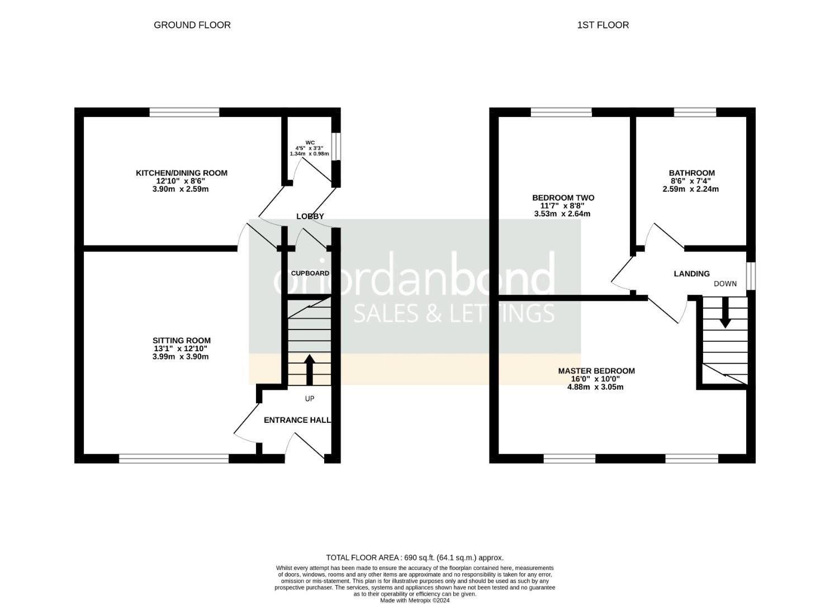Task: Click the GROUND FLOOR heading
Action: tap(192, 25)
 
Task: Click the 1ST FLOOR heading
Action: tap(603, 25)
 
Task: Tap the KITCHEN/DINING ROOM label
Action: tap(182, 173)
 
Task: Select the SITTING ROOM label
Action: tap(182, 341)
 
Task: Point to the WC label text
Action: tap(310, 143)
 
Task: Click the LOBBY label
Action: tap(310, 216)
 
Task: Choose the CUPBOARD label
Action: tap(310, 273)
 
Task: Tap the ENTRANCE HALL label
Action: tap(297, 420)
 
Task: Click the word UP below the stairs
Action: tap(310, 399)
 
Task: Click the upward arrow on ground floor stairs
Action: tap(309, 369)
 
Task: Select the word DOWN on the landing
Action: tap(725, 284)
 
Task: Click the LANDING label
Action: tap(691, 274)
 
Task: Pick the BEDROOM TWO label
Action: tap(563, 198)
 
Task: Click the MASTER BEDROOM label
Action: tap(596, 371)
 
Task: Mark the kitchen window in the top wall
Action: tap(184, 112)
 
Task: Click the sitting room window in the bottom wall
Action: tap(174, 459)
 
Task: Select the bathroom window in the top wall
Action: tap(695, 112)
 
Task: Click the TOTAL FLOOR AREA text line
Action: tap(415, 558)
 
